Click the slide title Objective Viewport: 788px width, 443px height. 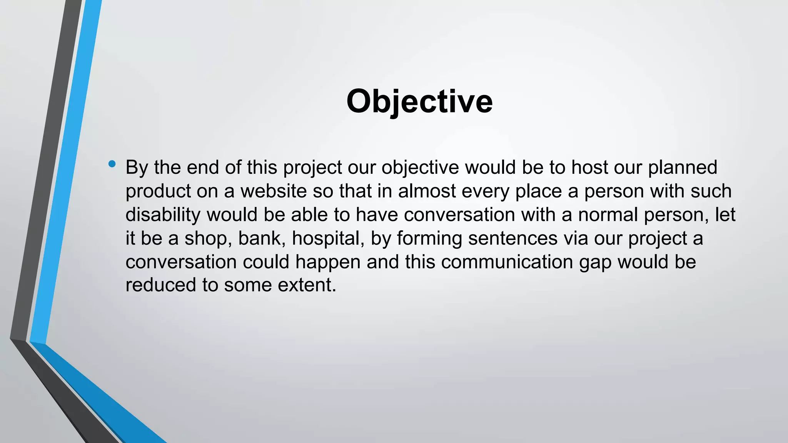(419, 101)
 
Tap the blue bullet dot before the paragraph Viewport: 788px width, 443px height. (112, 164)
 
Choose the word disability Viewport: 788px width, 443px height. (163, 215)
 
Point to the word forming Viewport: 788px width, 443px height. (429, 238)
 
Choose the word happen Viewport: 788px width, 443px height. (328, 262)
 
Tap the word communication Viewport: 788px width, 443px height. (507, 262)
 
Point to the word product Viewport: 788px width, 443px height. (158, 192)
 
